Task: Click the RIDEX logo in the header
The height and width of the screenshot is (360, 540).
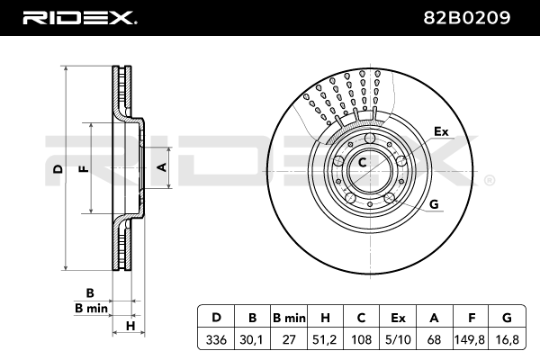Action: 79,16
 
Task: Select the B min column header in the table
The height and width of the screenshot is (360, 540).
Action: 289,317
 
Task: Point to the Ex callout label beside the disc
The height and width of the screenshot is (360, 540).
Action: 441,131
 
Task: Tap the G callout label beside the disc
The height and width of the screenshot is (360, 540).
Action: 435,204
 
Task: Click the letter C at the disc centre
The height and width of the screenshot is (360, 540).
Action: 362,163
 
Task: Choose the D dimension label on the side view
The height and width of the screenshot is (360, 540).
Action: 58,168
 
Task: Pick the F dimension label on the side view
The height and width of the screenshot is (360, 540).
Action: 83,168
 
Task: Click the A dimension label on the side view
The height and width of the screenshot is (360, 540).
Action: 161,166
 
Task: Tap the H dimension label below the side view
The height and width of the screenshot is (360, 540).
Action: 130,325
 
